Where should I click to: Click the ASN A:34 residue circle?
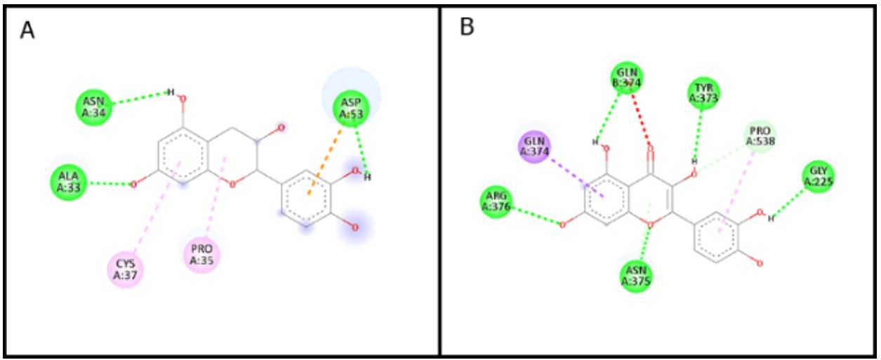pyautogui.click(x=94, y=107)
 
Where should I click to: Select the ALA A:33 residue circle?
pyautogui.click(x=69, y=182)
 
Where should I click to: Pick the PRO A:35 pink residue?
pyautogui.click(x=201, y=253)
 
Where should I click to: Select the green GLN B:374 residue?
pyautogui.click(x=628, y=79)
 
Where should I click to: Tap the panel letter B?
pyautogui.click(x=467, y=27)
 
